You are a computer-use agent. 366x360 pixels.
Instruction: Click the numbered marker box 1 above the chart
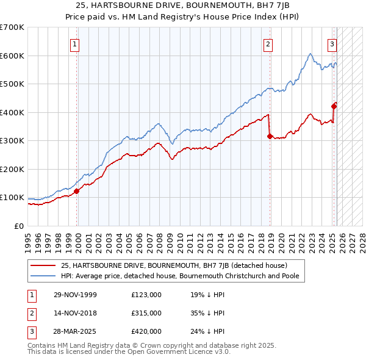tap(74, 44)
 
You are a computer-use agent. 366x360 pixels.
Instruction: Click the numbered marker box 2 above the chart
tap(268, 44)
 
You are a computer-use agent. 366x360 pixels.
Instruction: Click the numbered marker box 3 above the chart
tap(332, 44)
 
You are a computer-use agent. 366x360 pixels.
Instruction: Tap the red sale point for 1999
tap(77, 191)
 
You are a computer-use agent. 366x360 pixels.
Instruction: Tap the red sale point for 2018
tap(270, 137)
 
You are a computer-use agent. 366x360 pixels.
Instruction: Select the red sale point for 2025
tap(334, 106)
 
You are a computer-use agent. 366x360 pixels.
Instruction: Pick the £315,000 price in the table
tap(146, 313)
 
